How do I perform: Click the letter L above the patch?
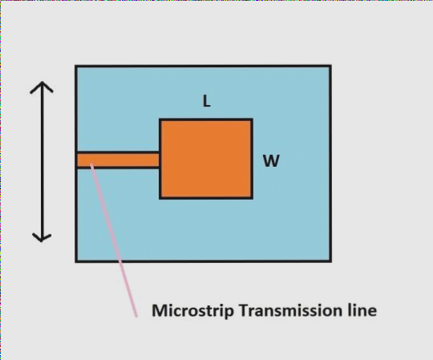tap(207, 102)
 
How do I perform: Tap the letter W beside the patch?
tap(271, 161)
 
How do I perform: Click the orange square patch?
tap(206, 159)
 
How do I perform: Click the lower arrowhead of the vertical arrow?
tap(42, 237)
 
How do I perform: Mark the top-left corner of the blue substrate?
tap(76, 66)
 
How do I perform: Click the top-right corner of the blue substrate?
tap(330, 66)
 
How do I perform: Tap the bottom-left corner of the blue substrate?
tap(76, 261)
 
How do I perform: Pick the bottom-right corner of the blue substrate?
tap(330, 261)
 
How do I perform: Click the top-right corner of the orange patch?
tap(252, 119)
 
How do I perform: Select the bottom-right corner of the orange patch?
tap(252, 197)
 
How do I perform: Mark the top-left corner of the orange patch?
tap(160, 119)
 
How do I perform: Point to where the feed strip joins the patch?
tap(160, 160)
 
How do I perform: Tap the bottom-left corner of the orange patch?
tap(160, 197)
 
